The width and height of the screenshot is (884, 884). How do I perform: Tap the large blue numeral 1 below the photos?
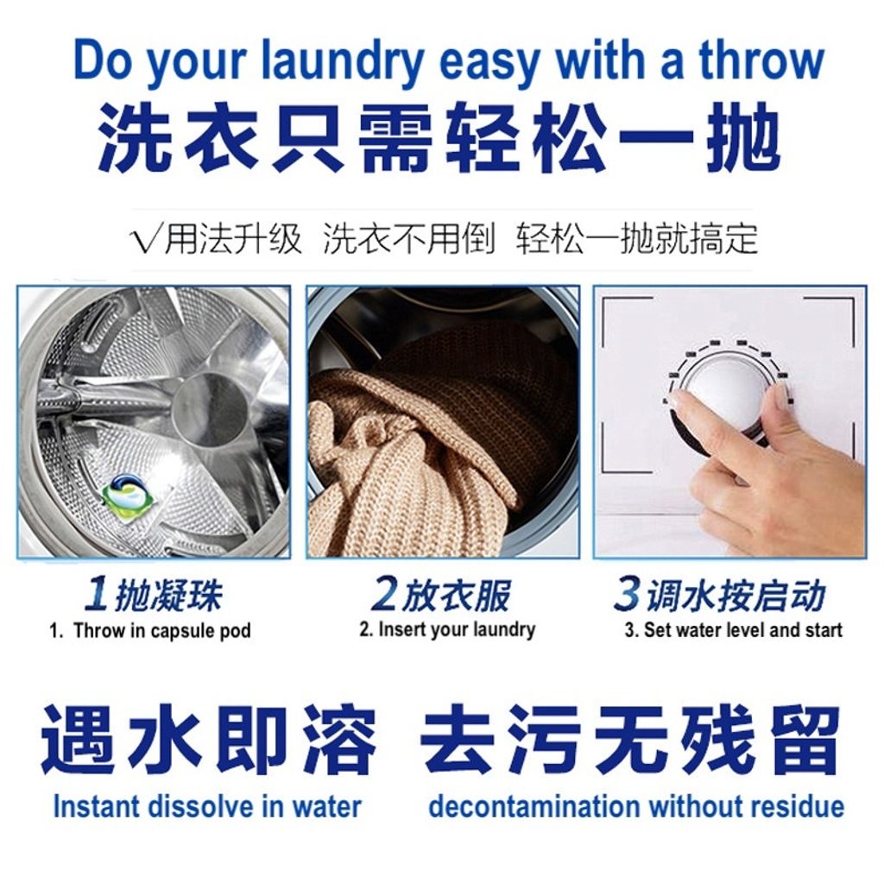pyautogui.click(x=97, y=595)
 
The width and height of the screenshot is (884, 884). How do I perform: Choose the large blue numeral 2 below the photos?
pyautogui.click(x=384, y=594)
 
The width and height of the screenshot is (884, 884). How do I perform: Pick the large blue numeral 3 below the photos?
pyautogui.click(x=627, y=593)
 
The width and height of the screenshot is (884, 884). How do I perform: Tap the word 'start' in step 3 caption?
pyautogui.click(x=824, y=629)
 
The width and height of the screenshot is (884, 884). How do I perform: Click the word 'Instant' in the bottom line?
pyautogui.click(x=95, y=806)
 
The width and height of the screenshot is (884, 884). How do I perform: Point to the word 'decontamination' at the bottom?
pyautogui.click(x=534, y=806)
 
